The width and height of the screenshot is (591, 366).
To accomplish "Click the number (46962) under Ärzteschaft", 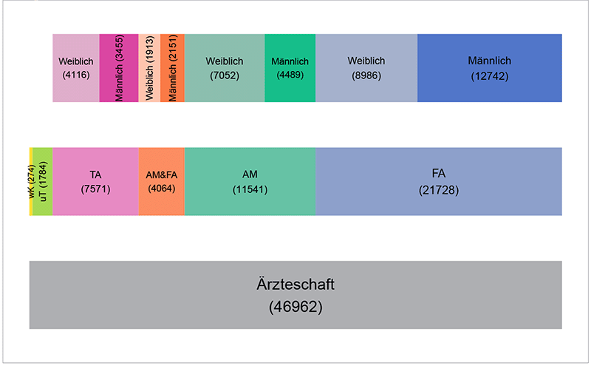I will point(295,305).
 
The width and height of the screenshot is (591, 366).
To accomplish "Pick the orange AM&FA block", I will point(161,182).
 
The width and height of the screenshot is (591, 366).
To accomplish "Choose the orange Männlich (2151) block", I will point(172,68).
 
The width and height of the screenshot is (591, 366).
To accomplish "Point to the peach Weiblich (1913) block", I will point(149,68).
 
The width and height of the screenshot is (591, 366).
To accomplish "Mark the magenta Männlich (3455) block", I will point(118,68).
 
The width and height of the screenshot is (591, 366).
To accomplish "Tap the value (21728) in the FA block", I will point(438,189).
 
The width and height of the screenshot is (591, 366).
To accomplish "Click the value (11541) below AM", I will point(250,189).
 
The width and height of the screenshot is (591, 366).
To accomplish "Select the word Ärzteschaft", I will point(295,284).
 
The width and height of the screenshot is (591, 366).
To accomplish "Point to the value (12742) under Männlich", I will point(489,75).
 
